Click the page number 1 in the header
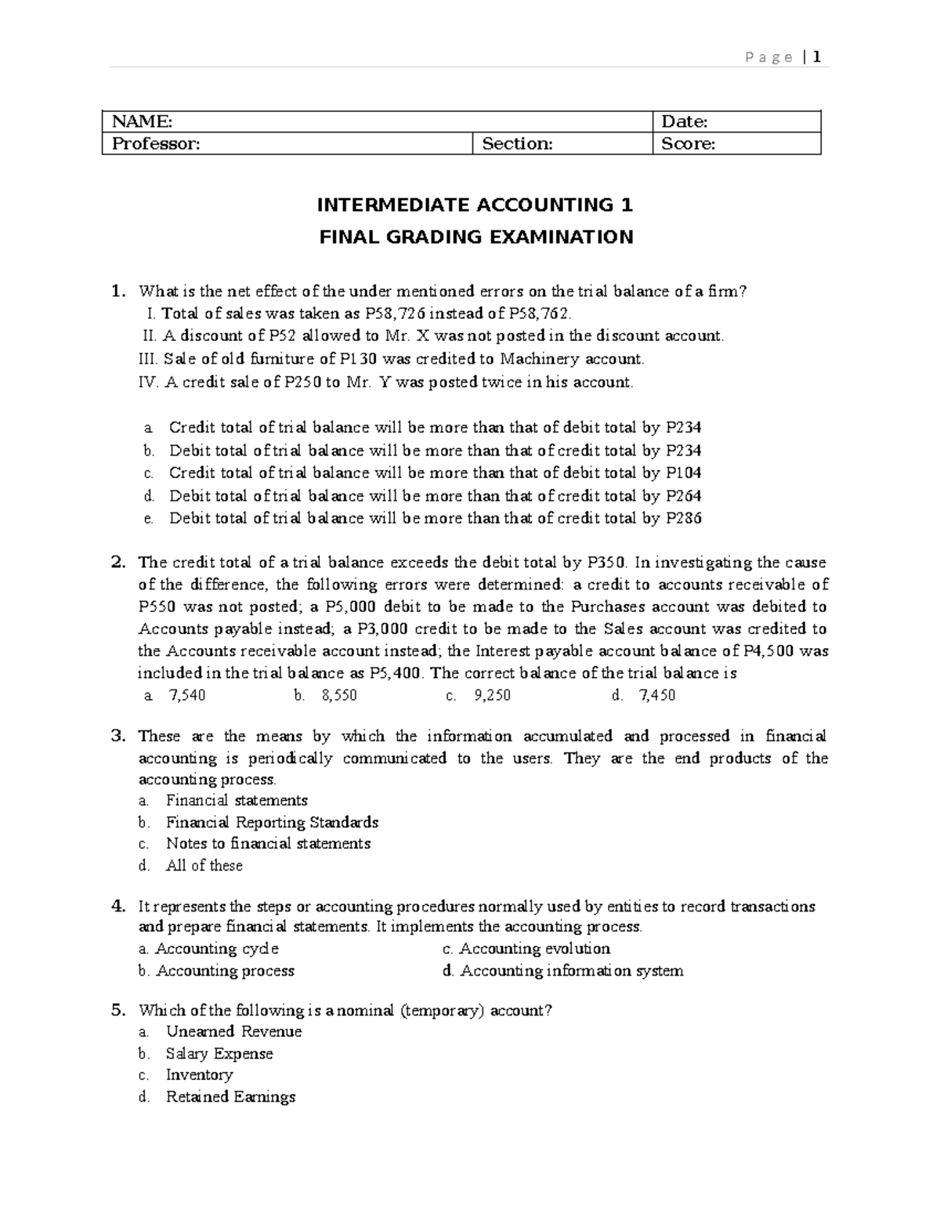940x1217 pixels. click(816, 57)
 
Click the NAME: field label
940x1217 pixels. click(142, 121)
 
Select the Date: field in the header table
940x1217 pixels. click(685, 121)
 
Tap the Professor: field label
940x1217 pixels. click(156, 143)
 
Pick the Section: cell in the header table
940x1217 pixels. click(517, 143)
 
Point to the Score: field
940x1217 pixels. click(689, 143)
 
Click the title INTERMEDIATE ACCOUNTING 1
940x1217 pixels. click(474, 205)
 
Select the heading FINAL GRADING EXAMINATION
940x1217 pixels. click(475, 237)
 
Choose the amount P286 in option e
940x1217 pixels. click(683, 518)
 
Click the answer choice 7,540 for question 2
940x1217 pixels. click(186, 695)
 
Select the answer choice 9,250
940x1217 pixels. click(492, 695)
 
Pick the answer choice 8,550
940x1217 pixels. click(339, 695)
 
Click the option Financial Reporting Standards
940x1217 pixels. click(272, 822)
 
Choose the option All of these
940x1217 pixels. click(204, 865)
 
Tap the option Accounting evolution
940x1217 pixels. click(534, 949)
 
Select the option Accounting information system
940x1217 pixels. click(572, 971)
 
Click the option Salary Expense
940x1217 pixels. click(219, 1053)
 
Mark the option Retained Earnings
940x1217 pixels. click(230, 1096)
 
